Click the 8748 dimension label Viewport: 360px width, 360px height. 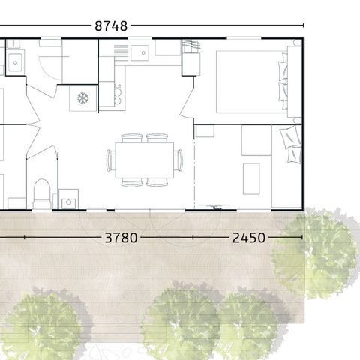click(111, 25)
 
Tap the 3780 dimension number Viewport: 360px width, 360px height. click(121, 238)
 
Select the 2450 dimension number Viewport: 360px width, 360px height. click(249, 238)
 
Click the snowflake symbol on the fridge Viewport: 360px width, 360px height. click(83, 97)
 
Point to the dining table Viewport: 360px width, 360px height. click(145, 160)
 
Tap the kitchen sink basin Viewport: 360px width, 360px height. click(139, 52)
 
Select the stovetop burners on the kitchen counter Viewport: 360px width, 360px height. click(118, 94)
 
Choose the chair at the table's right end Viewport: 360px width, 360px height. click(178, 160)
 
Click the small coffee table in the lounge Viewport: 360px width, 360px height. click(251, 178)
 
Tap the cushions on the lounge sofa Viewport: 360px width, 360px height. click(291, 144)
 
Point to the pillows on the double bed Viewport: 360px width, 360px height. click(283, 82)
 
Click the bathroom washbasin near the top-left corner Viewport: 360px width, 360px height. click(15, 62)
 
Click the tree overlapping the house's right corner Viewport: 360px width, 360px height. click(316, 253)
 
